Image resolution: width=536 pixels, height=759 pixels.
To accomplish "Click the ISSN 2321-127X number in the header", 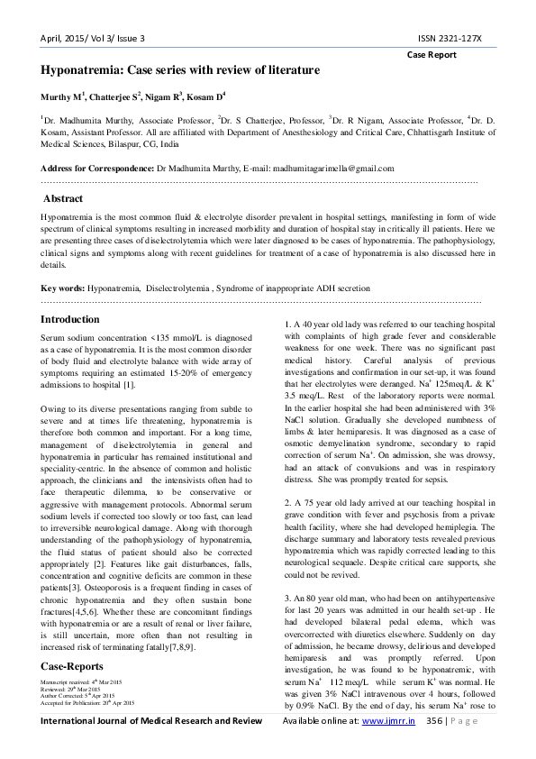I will pos(450,38).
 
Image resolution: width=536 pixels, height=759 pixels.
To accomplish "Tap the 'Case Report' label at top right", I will pos(432,55).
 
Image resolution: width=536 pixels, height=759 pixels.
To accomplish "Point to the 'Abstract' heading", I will pos(63,198).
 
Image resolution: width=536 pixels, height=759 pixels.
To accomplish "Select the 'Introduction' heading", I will pos(70,320).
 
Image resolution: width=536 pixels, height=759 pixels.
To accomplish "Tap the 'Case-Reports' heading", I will pos(72,666).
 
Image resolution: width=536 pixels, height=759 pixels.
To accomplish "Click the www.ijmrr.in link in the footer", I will pos(388,747).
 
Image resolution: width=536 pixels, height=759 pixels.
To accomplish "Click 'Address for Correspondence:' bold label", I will pos(97,169).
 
